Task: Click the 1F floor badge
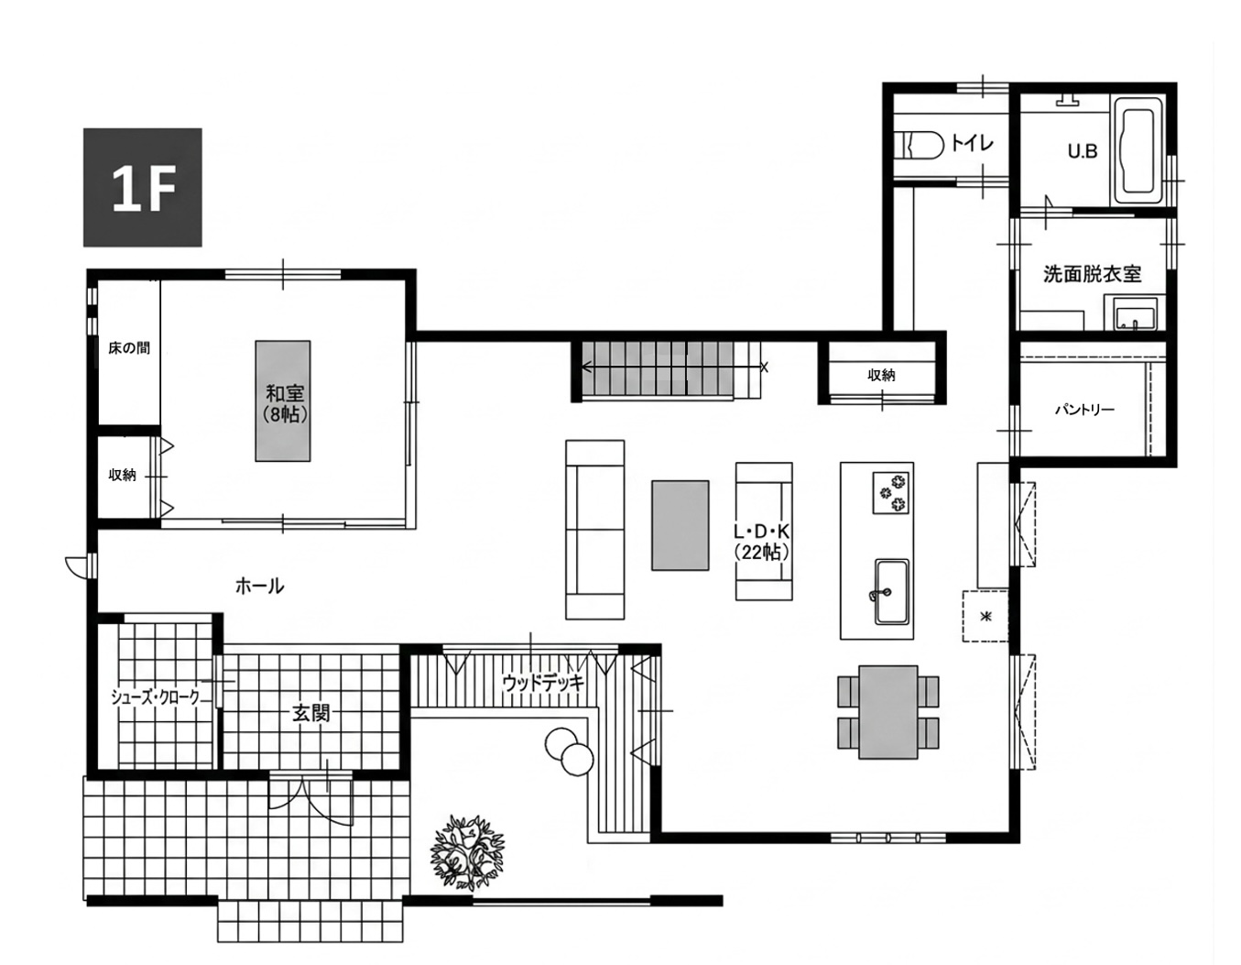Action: coord(142,187)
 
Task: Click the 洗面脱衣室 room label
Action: coord(1092,274)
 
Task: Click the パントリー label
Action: coord(1084,410)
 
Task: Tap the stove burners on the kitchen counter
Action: coord(890,492)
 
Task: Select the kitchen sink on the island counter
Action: coord(891,592)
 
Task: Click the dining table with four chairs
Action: coord(888,712)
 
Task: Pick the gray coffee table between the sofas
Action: coord(680,525)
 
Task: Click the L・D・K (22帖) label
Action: coord(762,543)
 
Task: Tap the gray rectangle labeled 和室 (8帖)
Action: coord(283,401)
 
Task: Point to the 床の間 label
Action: coord(129,348)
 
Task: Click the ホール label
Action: coord(260,587)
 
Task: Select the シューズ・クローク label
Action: coord(156,697)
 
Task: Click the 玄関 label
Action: coord(310,713)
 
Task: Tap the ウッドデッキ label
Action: coord(543,682)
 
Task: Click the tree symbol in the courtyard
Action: coord(468,852)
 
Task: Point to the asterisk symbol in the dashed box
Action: coord(985,617)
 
